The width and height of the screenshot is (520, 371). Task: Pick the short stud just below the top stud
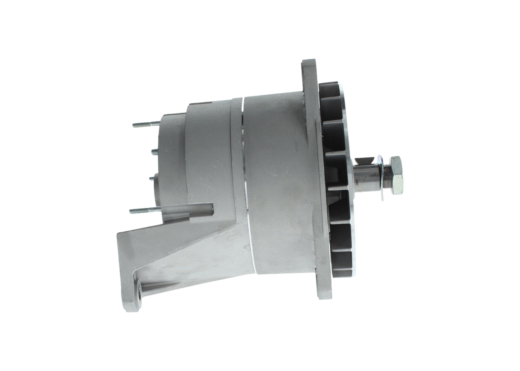tap(155, 152)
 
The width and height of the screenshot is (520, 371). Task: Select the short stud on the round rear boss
tap(152, 178)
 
